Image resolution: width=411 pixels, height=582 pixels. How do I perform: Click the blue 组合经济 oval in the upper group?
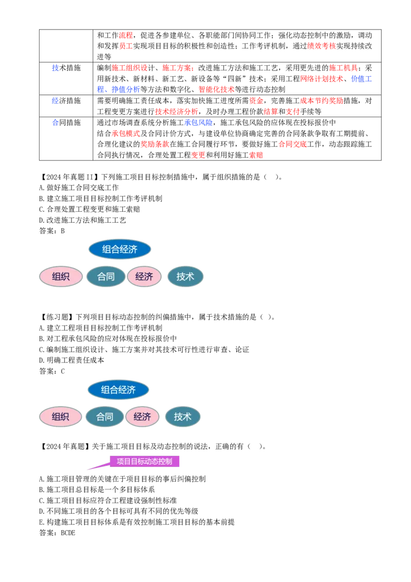(x=120, y=249)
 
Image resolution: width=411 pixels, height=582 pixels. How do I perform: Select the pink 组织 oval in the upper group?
(x=61, y=277)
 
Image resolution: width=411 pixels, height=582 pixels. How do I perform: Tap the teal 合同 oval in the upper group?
(x=106, y=277)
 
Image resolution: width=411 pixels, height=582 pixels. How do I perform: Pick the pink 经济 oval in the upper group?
(x=144, y=277)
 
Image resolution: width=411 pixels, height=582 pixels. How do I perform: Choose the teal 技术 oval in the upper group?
(x=185, y=277)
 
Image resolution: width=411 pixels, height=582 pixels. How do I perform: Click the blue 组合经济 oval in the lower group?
(x=118, y=390)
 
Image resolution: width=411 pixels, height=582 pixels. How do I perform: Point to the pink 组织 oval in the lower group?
(x=60, y=417)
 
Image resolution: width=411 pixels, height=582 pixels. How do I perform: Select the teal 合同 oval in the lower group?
(x=105, y=417)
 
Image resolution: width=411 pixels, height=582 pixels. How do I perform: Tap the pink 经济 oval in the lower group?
(x=142, y=417)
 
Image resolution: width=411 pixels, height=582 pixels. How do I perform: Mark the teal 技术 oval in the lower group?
(x=182, y=417)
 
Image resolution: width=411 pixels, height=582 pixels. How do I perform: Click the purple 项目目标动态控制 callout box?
(x=145, y=461)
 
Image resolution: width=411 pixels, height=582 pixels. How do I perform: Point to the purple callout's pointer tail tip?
(x=87, y=470)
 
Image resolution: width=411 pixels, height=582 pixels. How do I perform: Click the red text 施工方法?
(x=178, y=68)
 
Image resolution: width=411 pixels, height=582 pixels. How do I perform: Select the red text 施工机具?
(x=343, y=68)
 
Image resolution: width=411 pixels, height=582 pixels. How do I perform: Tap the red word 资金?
(x=256, y=101)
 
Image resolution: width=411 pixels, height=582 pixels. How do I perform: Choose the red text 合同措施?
(x=292, y=144)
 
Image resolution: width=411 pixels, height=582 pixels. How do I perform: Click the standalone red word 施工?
(x=126, y=46)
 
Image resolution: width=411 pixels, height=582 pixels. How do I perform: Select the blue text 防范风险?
(x=198, y=123)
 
